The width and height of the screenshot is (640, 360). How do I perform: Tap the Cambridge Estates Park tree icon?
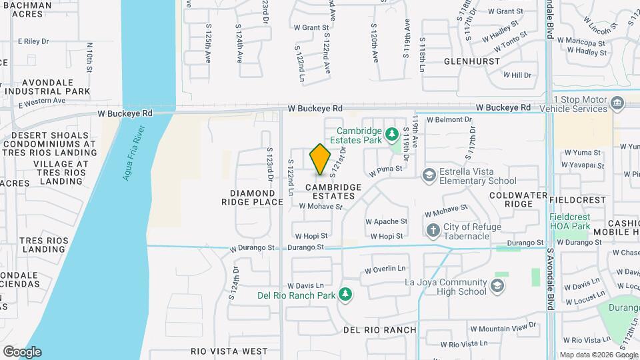pos(392,135)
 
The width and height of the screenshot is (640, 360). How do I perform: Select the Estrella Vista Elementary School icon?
pos(429,175)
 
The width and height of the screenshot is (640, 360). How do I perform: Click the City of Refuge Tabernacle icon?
pos(433,230)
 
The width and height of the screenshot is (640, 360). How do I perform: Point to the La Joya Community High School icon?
pos(497,286)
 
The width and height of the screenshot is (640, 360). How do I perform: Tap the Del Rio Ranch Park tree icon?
pos(345,294)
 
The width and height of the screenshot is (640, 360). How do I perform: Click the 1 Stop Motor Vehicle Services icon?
pos(617,103)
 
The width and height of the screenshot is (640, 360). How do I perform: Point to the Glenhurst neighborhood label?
pos(471,61)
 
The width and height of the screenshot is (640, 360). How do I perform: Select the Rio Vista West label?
pos(229,351)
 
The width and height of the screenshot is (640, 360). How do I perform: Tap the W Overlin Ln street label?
pos(385,269)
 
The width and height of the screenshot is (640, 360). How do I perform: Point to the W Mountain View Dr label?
pos(503,327)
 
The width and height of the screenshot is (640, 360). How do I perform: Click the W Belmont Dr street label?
pos(449,120)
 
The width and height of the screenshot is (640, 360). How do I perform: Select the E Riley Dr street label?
pos(33,41)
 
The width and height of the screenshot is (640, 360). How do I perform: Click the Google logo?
pos(22,351)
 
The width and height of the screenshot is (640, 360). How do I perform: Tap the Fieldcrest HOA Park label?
pos(570,222)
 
